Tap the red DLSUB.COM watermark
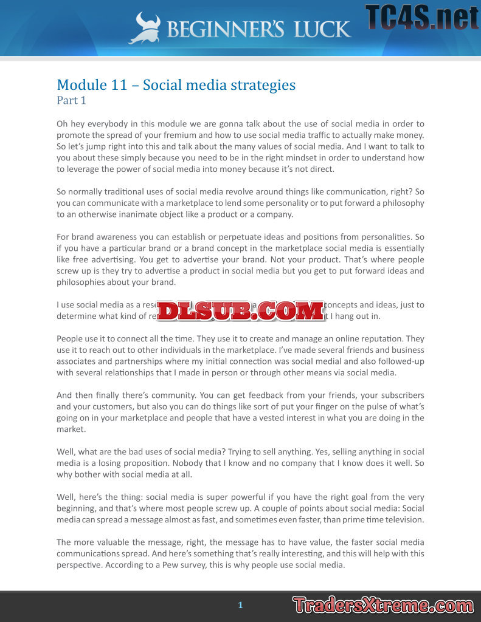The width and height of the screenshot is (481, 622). pyautogui.click(x=241, y=310)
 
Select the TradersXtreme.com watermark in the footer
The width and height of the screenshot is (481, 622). pyautogui.click(x=382, y=605)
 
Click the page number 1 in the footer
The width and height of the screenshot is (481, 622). pyautogui.click(x=240, y=605)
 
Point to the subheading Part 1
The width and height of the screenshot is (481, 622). pyautogui.click(x=72, y=100)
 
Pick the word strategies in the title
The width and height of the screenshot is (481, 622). pyautogui.click(x=262, y=85)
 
